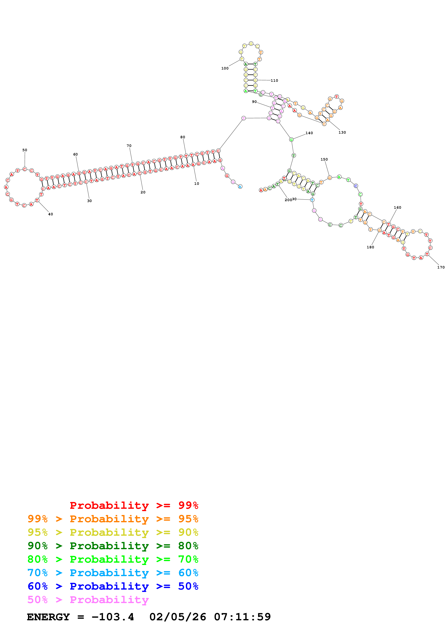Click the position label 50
[25, 150]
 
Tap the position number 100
[225, 68]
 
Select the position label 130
[342, 133]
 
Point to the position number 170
[441, 267]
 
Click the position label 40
[50, 214]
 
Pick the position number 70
[129, 146]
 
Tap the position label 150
[324, 159]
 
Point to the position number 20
[143, 192]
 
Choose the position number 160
[397, 207]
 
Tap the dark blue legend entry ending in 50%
[113, 586]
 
